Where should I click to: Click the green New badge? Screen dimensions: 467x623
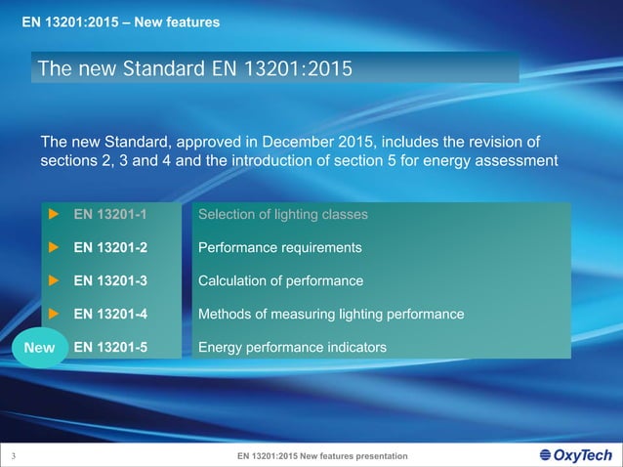(39, 348)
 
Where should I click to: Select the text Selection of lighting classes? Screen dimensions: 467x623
(282, 214)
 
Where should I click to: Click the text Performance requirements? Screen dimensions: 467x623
(279, 247)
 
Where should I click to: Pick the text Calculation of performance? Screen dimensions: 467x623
(280, 280)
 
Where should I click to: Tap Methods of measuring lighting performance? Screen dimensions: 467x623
(330, 314)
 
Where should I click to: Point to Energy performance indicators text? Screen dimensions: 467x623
(292, 347)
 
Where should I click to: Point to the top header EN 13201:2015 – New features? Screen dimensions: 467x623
(121, 21)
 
